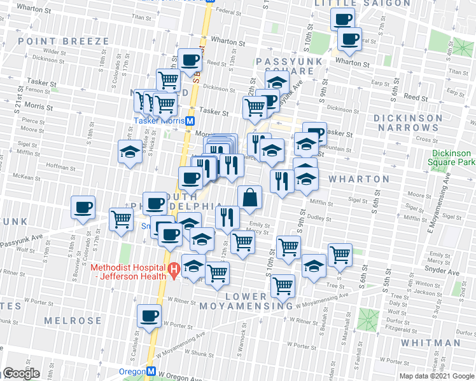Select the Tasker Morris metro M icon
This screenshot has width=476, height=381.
190,121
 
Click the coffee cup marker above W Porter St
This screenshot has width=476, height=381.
150,316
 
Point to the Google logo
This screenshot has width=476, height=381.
22,373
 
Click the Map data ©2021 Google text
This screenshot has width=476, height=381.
437,376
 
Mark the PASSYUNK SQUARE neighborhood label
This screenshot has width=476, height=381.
283,65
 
